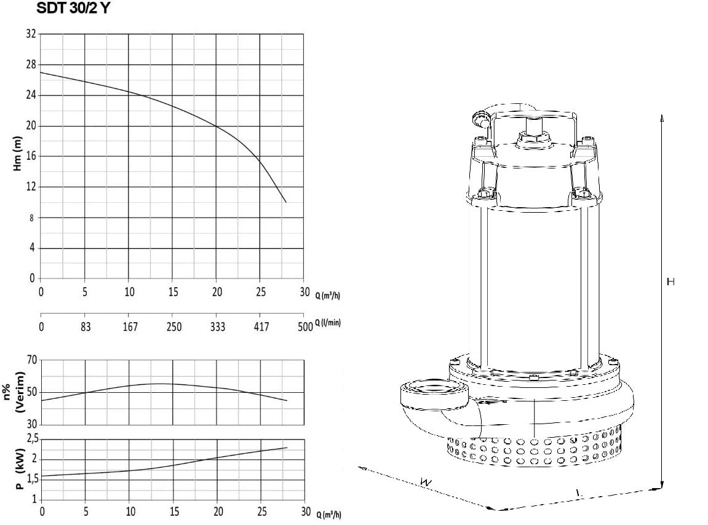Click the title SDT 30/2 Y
tap(72, 8)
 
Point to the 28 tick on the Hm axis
tap(31, 65)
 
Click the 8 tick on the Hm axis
tap(31, 218)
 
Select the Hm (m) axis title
tap(18, 154)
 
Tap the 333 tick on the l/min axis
tap(217, 327)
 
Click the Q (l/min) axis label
tap(327, 322)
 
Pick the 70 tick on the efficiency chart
tap(31, 360)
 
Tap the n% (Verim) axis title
tap(19, 392)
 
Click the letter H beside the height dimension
tap(670, 282)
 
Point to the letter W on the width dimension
tap(425, 483)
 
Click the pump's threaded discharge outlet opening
tap(433, 389)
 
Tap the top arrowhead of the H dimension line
tap(662, 118)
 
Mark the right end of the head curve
tap(286, 202)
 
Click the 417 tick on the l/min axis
tap(261, 327)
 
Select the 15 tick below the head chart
tap(173, 292)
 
